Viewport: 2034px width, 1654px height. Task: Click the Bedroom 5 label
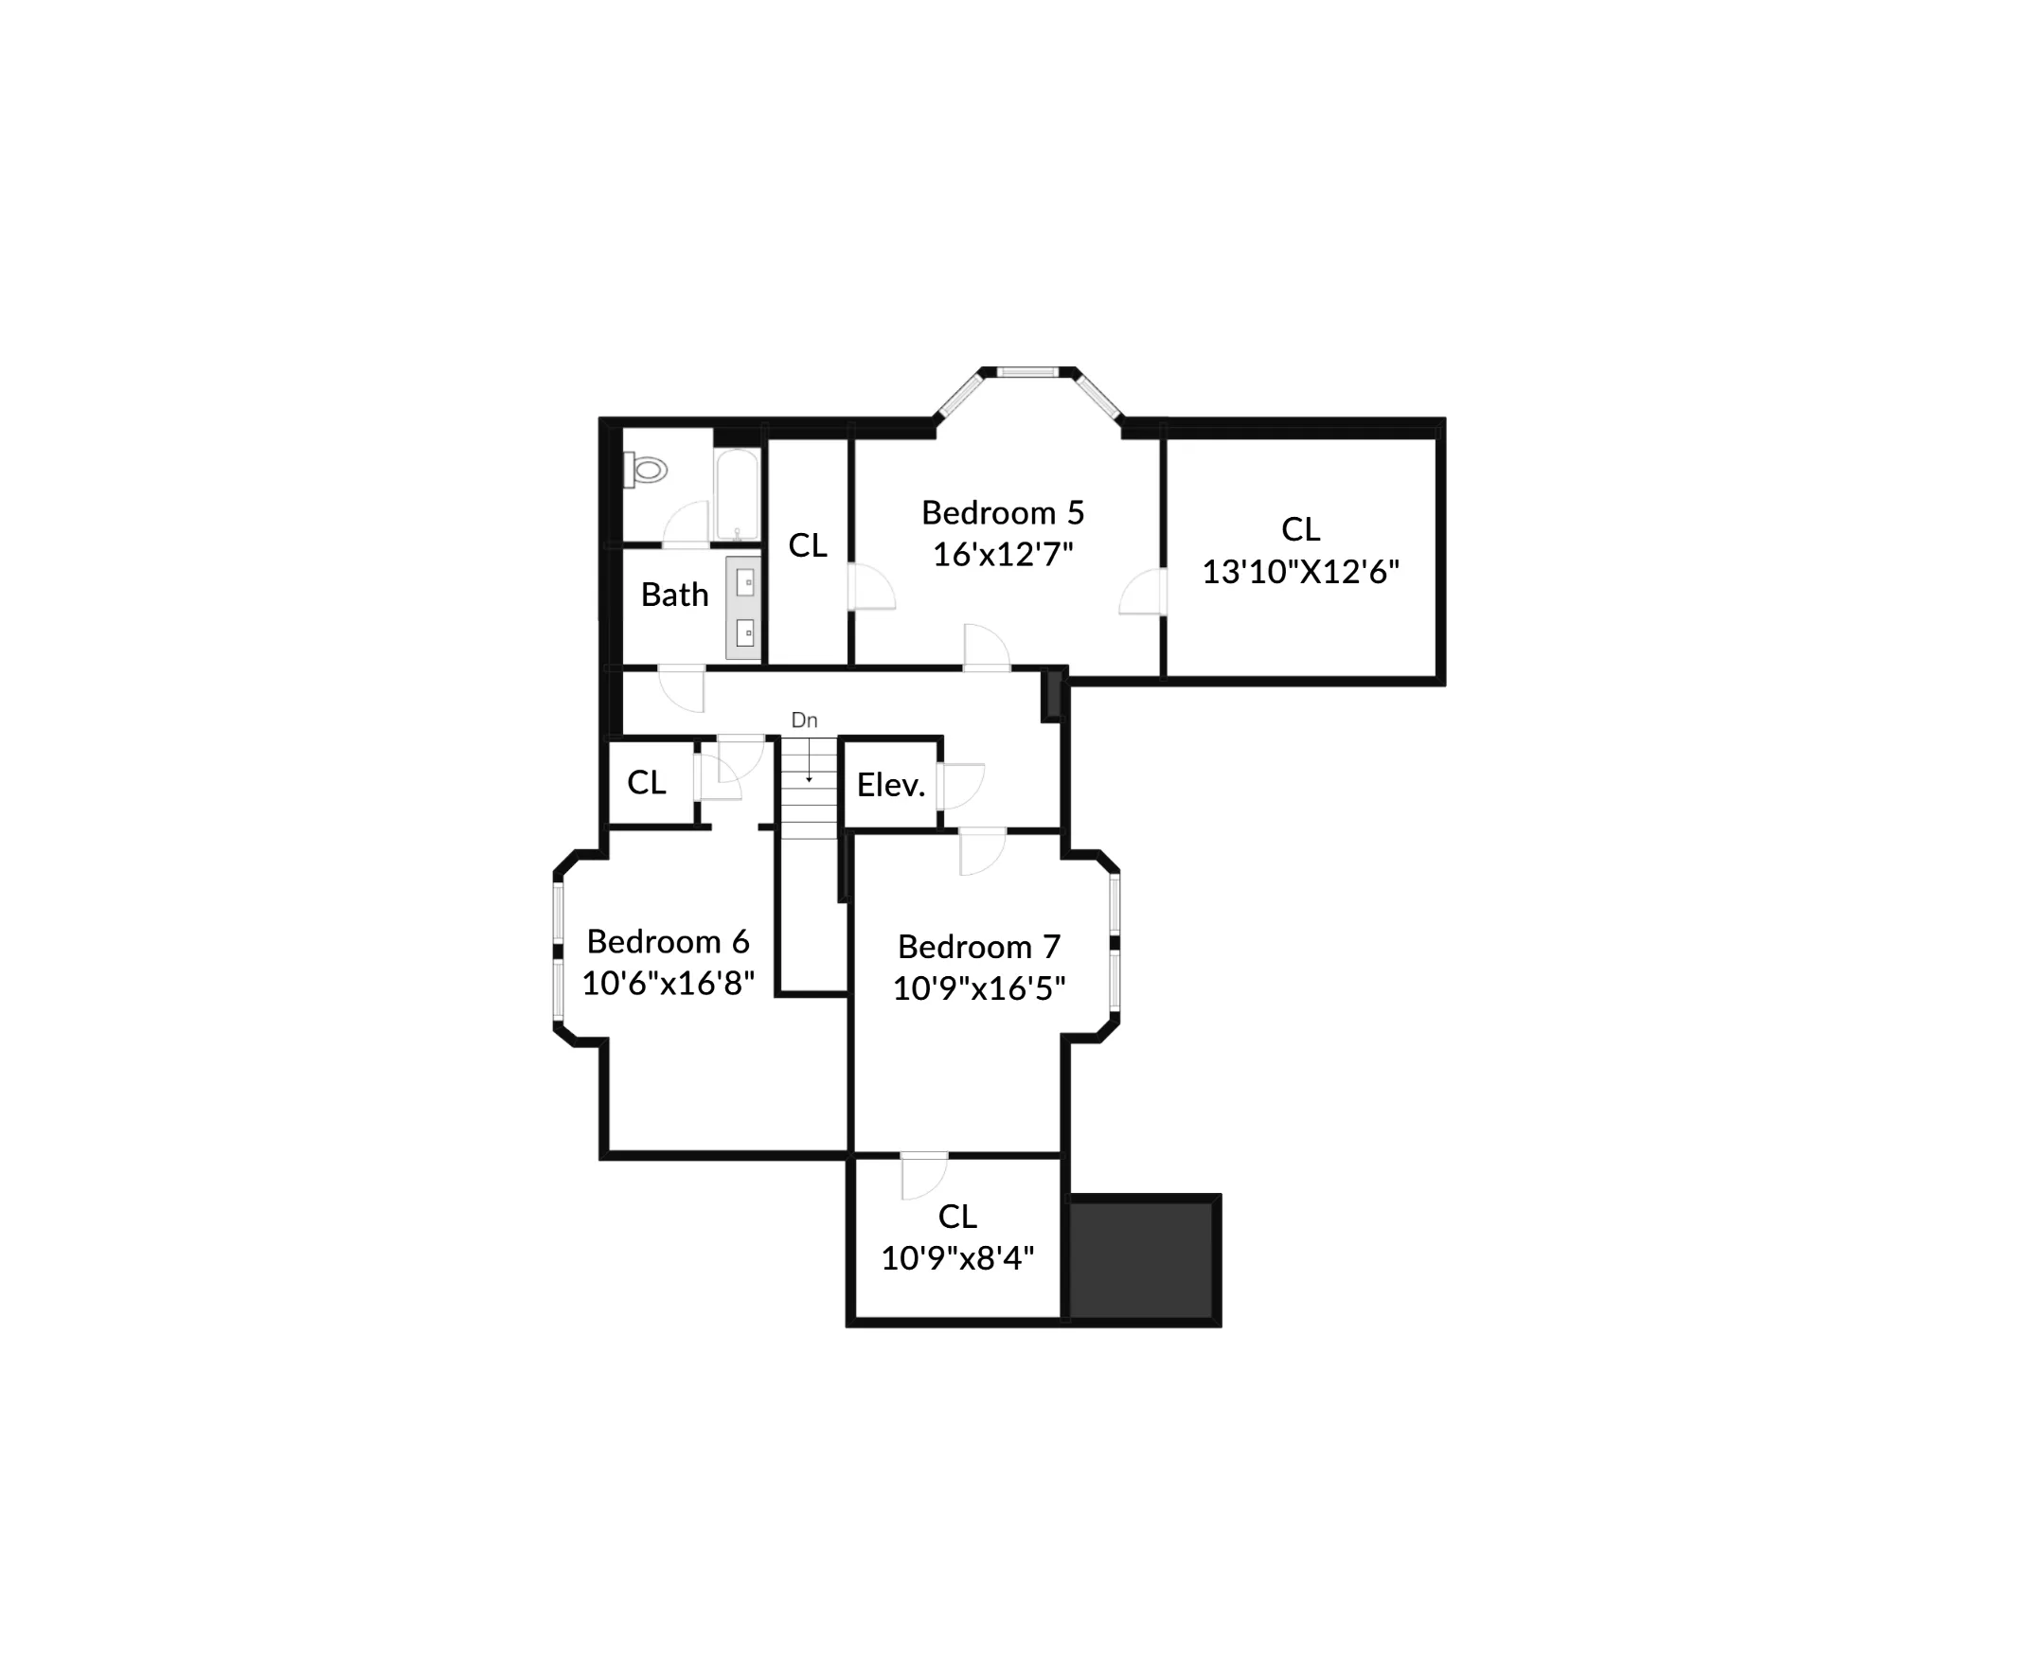1002,512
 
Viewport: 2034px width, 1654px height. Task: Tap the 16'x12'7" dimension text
1002,554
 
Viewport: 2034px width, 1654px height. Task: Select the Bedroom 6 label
668,941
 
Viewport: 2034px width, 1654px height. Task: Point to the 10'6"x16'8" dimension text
668,983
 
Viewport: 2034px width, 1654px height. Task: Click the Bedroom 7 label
978,946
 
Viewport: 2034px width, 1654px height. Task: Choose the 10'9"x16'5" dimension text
978,988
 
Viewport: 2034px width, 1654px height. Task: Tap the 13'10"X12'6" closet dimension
1300,572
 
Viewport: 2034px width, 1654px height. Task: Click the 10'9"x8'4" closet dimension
956,1257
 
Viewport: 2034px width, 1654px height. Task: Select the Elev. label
891,785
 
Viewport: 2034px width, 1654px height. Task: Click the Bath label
674,595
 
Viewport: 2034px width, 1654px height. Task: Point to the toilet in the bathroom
647,470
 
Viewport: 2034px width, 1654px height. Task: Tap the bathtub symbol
737,493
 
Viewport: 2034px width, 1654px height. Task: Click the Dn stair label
804,720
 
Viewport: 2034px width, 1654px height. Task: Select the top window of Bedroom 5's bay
1028,372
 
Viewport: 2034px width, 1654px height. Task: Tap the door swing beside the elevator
960,786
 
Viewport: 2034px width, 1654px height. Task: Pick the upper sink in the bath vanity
745,582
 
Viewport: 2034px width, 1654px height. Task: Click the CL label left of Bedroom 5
808,546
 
